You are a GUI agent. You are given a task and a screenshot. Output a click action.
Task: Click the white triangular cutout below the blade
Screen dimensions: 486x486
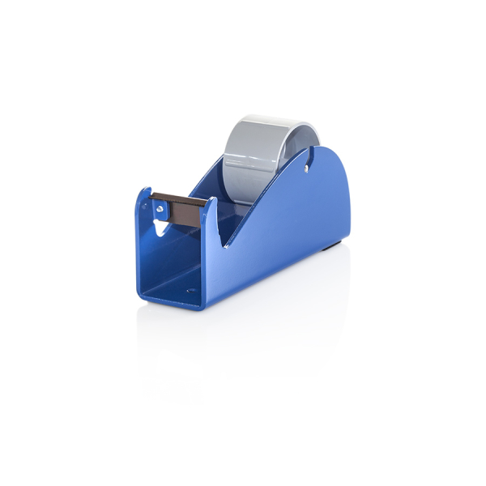pos(163,227)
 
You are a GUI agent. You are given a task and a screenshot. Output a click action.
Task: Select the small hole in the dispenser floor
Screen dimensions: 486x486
pos(192,289)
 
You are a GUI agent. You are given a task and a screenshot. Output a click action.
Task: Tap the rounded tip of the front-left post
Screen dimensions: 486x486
pos(144,192)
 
